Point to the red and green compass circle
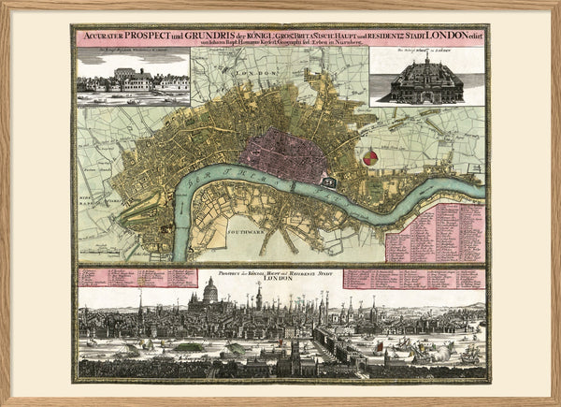click(371, 157)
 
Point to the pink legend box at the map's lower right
click(435, 232)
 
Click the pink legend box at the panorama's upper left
click(125, 278)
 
